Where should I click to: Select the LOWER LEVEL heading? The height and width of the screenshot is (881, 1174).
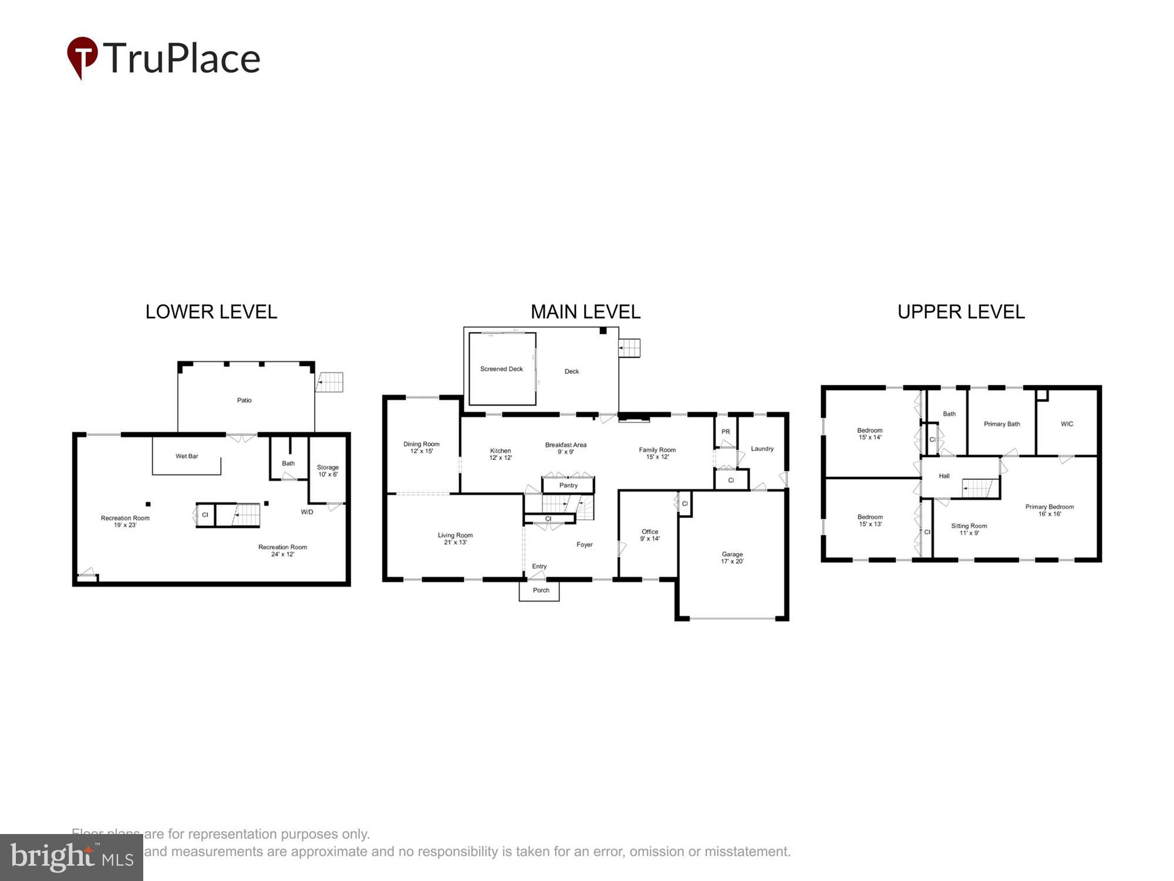tap(211, 312)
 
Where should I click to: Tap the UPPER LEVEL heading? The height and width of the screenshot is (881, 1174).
tap(961, 312)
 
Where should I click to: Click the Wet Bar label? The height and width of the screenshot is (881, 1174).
tap(187, 456)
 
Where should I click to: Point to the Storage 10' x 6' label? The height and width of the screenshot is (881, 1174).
tap(328, 471)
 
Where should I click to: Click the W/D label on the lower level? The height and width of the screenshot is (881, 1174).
tap(307, 512)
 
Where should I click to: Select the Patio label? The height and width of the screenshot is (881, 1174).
tap(244, 401)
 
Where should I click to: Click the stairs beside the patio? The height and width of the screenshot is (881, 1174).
tap(330, 382)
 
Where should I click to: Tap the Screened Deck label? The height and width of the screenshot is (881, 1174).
tap(501, 369)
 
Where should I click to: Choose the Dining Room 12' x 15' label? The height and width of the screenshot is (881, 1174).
tap(421, 448)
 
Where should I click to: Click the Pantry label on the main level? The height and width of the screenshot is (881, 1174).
tap(568, 486)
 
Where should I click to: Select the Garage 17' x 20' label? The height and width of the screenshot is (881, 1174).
tap(732, 558)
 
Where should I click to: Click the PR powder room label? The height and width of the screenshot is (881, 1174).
tap(726, 432)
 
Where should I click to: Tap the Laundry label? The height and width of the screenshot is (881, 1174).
tap(762, 449)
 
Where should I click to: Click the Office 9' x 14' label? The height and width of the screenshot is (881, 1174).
tap(650, 535)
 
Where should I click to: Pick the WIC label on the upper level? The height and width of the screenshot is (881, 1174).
tap(1067, 424)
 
